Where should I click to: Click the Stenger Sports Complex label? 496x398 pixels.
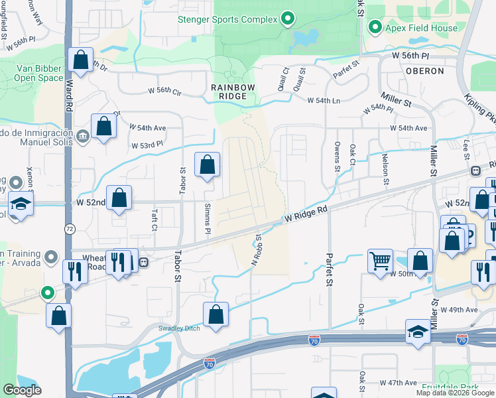click(x=227, y=19)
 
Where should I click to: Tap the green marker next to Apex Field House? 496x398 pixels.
click(x=375, y=28)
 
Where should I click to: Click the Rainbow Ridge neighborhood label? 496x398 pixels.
click(x=229, y=92)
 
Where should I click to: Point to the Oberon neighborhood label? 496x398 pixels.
click(x=425, y=70)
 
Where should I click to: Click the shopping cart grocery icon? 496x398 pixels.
click(x=380, y=261)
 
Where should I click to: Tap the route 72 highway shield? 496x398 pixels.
click(x=70, y=228)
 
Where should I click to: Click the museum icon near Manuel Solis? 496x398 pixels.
click(x=82, y=137)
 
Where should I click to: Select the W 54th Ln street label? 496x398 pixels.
click(x=323, y=100)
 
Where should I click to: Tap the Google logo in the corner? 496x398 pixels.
click(x=22, y=390)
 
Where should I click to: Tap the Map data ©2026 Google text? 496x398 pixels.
click(x=455, y=393)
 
